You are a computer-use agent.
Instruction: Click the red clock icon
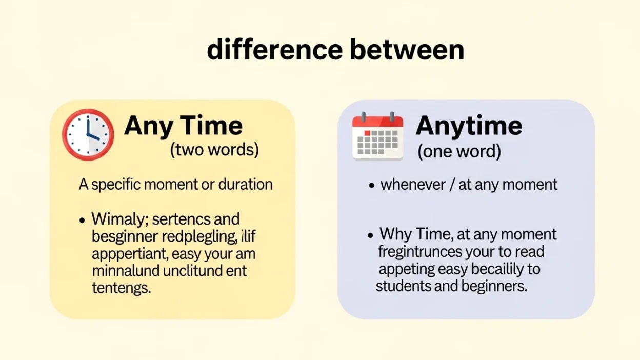click(x=88, y=134)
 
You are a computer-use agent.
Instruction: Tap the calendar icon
click(x=377, y=136)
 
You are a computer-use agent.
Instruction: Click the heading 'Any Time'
click(x=183, y=126)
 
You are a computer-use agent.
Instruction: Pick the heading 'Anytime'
click(x=469, y=126)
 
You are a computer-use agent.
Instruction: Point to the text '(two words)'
click(x=214, y=150)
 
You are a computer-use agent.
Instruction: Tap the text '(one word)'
click(x=459, y=152)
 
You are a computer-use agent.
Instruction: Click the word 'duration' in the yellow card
click(x=246, y=185)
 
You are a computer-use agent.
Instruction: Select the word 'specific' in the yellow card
click(x=117, y=185)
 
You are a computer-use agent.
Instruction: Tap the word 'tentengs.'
click(x=122, y=288)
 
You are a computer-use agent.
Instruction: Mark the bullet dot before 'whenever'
click(x=372, y=186)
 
